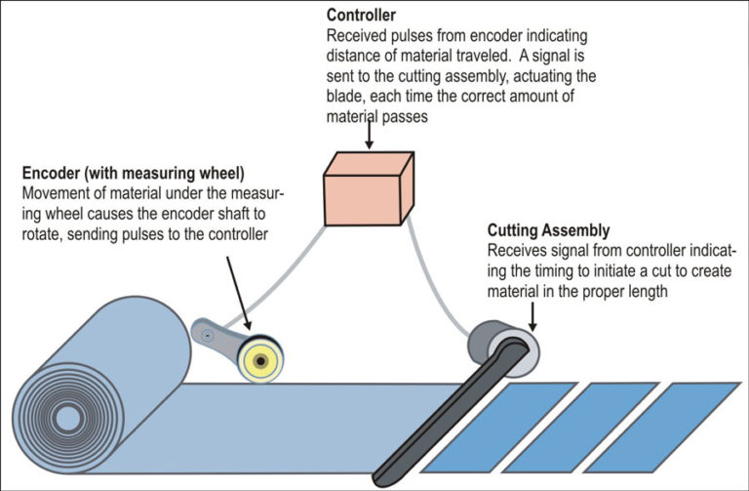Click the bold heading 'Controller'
[360, 17]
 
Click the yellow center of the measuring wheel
[260, 361]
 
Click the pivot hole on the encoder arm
[206, 335]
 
